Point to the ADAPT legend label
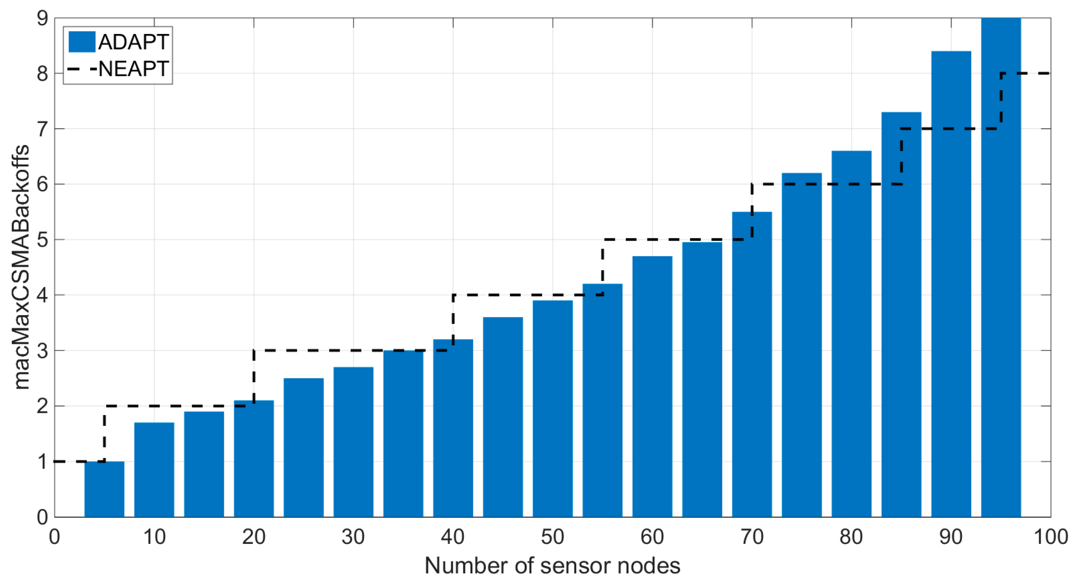click(x=133, y=42)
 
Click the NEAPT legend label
click(x=133, y=69)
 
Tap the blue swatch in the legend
click(x=82, y=42)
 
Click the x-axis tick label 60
click(x=652, y=537)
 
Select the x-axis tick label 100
click(x=1050, y=537)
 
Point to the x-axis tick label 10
click(x=154, y=537)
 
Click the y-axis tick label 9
click(x=42, y=19)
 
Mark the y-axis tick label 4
click(x=42, y=295)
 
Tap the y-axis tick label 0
click(x=42, y=517)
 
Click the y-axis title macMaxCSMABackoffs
click(x=21, y=267)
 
